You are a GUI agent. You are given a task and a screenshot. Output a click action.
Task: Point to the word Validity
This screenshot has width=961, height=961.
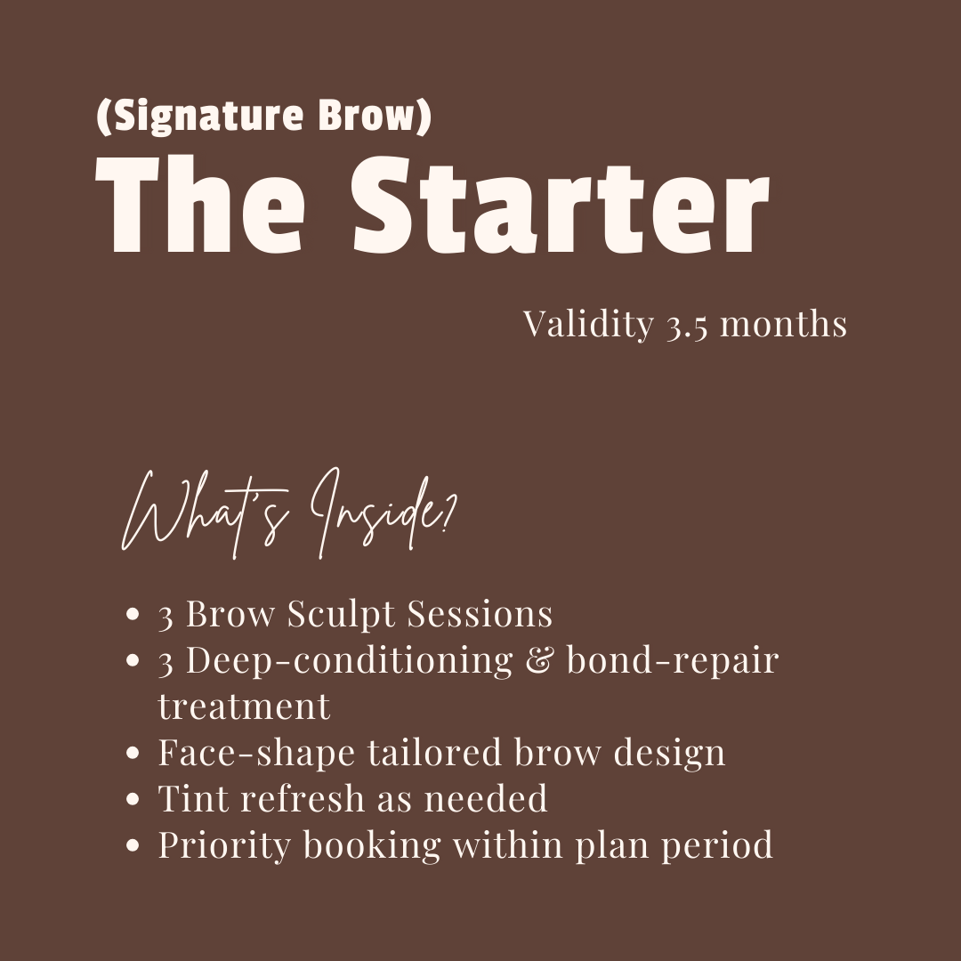pos(588,325)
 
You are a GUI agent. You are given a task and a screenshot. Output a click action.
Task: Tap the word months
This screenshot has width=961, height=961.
pos(783,324)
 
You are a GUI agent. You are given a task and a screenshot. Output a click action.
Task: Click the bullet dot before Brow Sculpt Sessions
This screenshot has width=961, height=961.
pos(133,615)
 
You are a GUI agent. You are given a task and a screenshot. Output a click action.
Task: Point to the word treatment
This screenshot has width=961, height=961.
pos(244,707)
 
